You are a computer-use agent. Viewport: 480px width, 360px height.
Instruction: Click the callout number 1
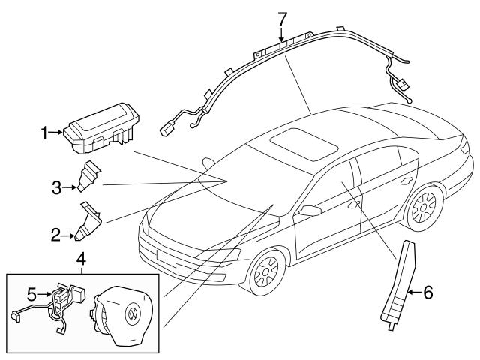pos(44,133)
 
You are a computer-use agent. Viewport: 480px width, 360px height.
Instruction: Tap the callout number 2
pos(55,235)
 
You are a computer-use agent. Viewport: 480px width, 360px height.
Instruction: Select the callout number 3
pos(55,187)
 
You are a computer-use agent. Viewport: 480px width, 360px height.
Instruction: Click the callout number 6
pos(427,292)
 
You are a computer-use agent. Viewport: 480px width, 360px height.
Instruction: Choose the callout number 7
pos(282,17)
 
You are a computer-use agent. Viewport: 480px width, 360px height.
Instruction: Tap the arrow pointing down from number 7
pos(282,34)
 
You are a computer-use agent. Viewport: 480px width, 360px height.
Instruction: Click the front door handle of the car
pos(352,204)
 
